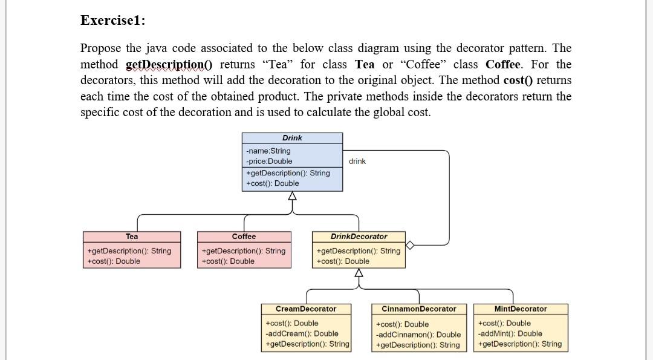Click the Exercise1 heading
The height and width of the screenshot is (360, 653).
[x=112, y=20]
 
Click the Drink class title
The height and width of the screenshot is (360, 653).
[x=292, y=138]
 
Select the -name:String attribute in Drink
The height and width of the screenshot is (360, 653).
[x=268, y=151]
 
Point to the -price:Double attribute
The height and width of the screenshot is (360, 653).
[x=269, y=161]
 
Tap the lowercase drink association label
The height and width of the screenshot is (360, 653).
[x=357, y=161]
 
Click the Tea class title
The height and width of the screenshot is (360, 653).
[x=132, y=237]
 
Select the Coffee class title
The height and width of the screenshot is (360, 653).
[x=244, y=237]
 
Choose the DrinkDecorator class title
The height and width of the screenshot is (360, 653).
[x=359, y=237]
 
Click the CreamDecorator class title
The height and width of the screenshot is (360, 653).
[x=305, y=309]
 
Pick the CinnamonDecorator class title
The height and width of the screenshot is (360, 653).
[x=419, y=309]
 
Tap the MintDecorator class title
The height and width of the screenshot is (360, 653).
[x=520, y=309]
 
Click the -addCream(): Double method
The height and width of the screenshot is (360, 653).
[x=302, y=333]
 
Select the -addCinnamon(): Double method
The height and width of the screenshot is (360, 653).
[x=418, y=335]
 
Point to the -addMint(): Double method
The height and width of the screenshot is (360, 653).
[x=510, y=333]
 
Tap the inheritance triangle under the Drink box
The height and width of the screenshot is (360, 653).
[x=293, y=196]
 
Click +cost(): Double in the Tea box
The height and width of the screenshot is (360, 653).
[x=113, y=261]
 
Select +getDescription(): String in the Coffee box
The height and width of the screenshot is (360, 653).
[x=243, y=250]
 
